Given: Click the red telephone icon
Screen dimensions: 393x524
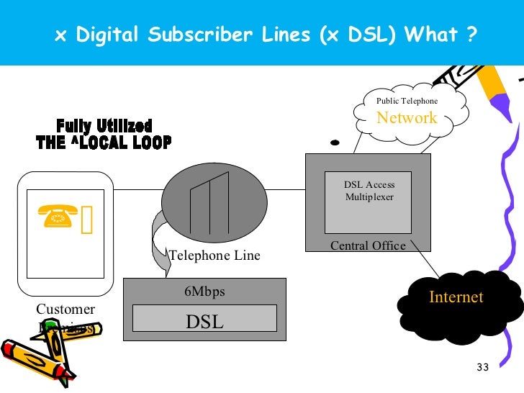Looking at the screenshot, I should coord(59,216).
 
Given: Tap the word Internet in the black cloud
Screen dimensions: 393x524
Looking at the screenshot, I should coord(456,297).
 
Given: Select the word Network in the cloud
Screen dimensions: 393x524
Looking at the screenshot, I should coord(407,118).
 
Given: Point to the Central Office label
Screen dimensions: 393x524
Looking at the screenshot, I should coord(368,246).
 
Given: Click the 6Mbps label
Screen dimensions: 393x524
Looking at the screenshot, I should coord(204,292).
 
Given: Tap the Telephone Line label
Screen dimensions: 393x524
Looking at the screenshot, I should coord(214,256).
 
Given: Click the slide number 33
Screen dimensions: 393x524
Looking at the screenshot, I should coord(482,368).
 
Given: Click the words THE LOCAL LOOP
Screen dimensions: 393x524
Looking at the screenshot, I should coord(104,143).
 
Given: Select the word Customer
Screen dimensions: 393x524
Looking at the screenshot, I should coord(65,310).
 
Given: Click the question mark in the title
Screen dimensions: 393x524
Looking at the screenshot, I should coord(471,35).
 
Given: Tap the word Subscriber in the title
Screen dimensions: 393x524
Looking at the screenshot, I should coord(194,35).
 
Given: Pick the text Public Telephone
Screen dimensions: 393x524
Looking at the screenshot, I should coord(407,101).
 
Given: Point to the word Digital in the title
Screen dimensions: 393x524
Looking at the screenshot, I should coord(105,35).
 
